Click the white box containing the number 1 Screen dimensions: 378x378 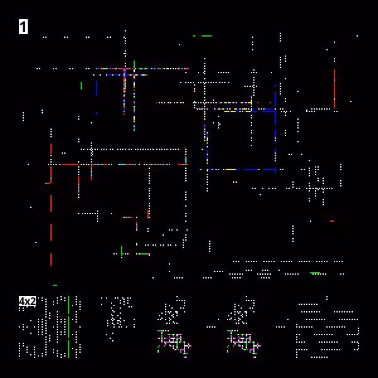[23, 26]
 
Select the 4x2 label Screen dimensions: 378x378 [27, 301]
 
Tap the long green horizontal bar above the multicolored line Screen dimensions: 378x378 [207, 36]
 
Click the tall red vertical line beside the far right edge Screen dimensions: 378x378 [335, 89]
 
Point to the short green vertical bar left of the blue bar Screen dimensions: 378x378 [81, 86]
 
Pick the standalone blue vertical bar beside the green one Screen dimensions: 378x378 [96, 88]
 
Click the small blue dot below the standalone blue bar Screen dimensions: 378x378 [96, 113]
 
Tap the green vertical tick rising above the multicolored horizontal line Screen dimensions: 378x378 [134, 64]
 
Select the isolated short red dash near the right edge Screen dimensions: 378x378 [332, 221]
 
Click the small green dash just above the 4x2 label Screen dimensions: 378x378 [55, 285]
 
